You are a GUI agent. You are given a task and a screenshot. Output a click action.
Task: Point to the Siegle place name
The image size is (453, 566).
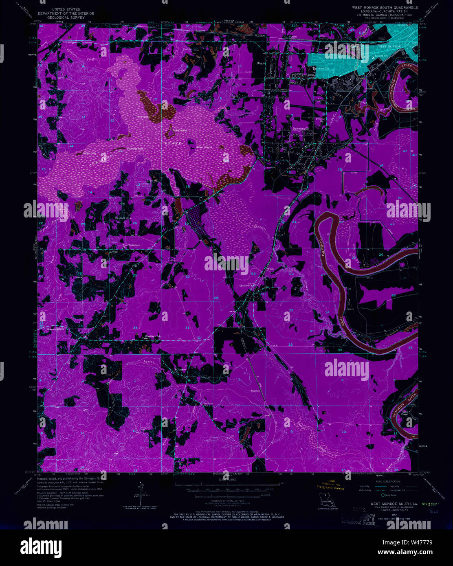coord(261,64)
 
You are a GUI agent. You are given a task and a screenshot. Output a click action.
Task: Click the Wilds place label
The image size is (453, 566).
coord(270,269)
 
